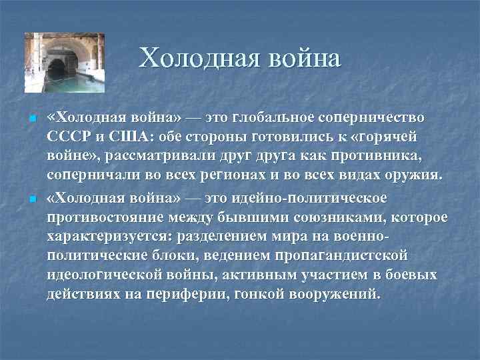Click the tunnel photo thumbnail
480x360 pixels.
coord(65,63)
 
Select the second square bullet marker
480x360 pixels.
coord(32,200)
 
